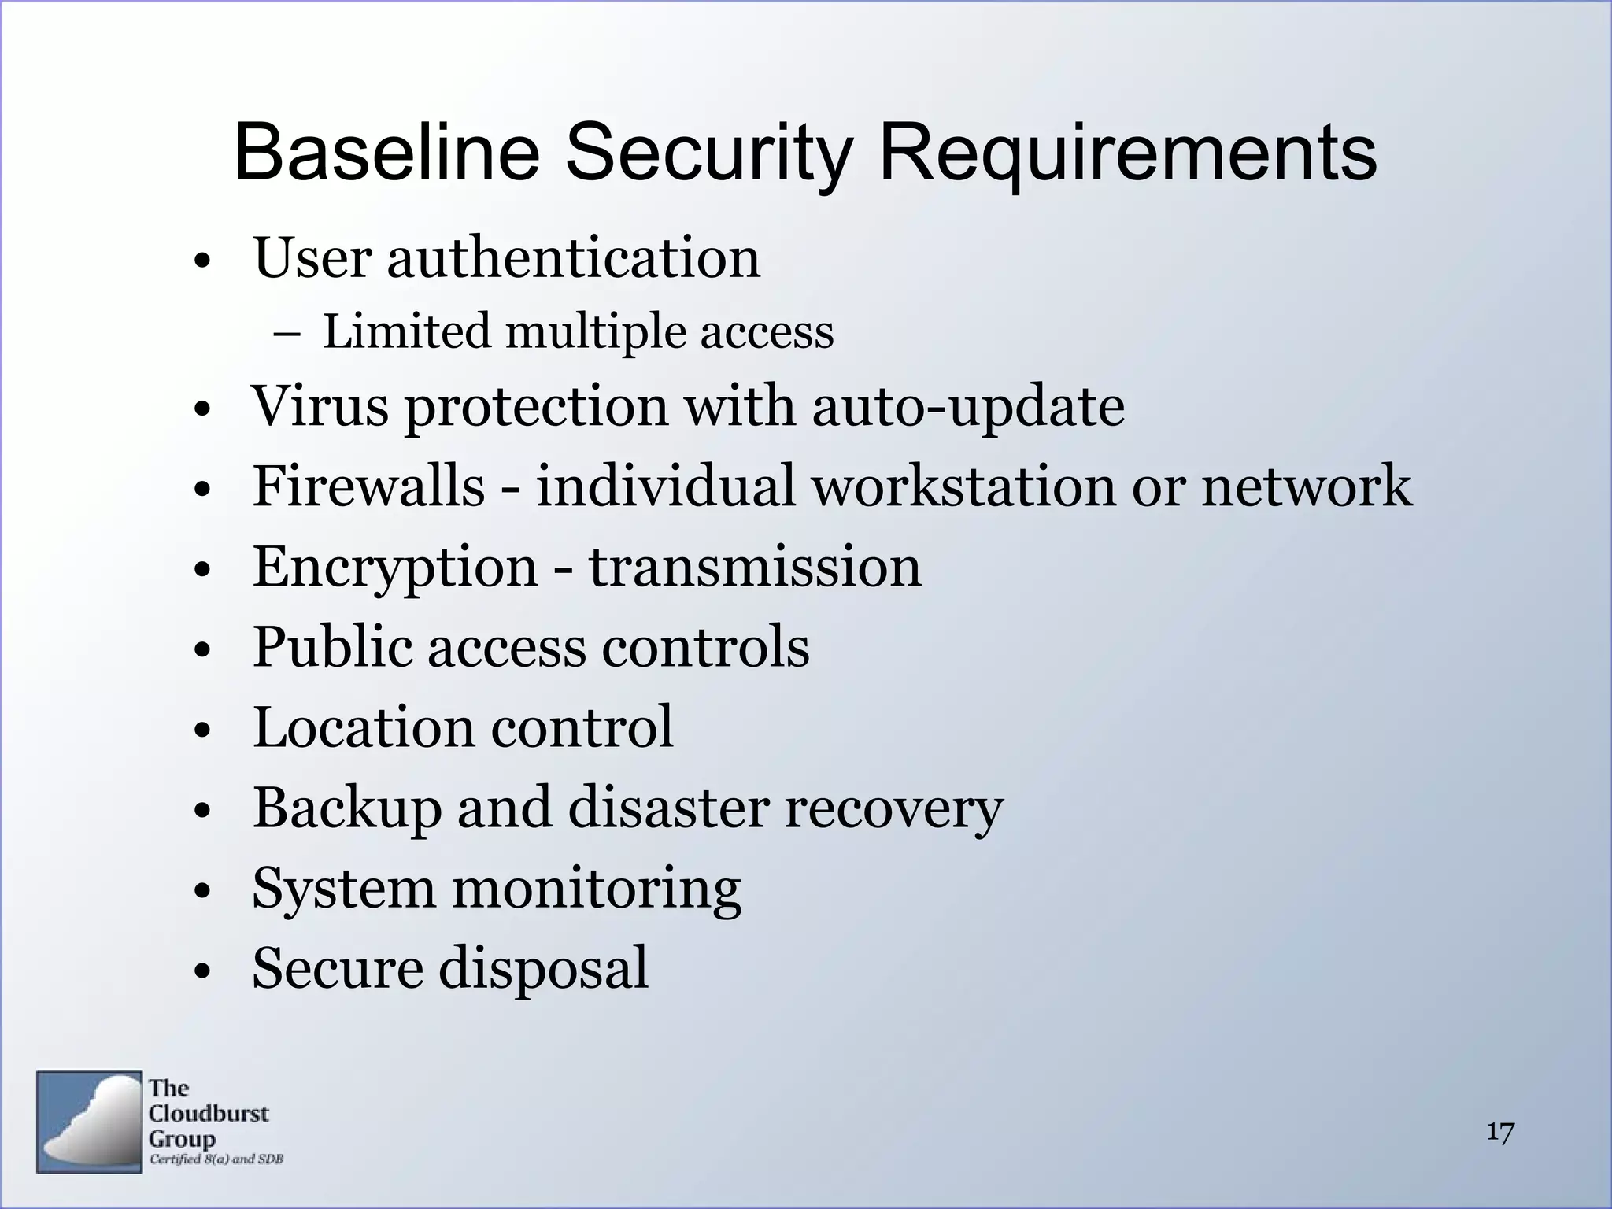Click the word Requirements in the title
tap(1127, 153)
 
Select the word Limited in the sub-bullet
tap(407, 331)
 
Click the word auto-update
tap(967, 408)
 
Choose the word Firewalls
tap(368, 486)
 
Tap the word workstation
tap(963, 486)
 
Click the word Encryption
tap(394, 568)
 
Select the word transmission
tap(755, 567)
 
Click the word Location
tap(364, 727)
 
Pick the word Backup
tap(347, 809)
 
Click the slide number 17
tap(1500, 1133)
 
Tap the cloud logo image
tap(89, 1122)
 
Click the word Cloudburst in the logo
tap(209, 1114)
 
